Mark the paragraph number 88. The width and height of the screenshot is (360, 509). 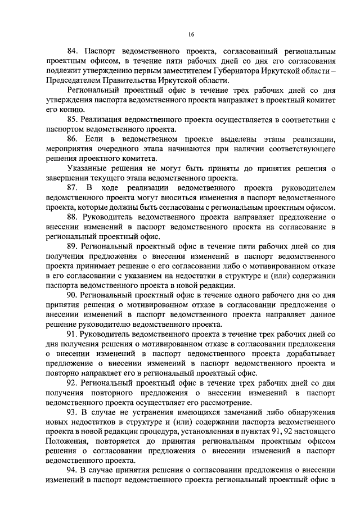(73, 218)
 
